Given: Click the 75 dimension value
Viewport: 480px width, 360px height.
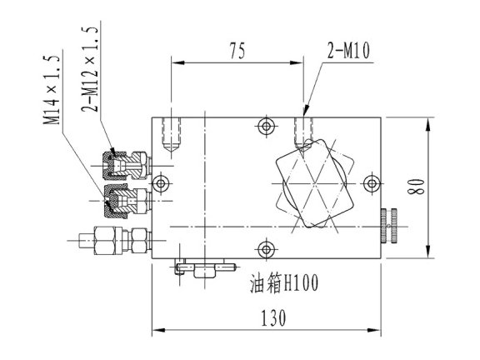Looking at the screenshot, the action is [237, 51].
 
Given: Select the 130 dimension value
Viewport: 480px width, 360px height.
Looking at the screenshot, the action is [273, 317].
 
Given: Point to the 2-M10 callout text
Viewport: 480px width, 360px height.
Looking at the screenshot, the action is [348, 51].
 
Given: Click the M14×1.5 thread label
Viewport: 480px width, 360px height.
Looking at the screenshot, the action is [51, 90].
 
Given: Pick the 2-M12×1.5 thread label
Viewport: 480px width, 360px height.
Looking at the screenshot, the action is [90, 69].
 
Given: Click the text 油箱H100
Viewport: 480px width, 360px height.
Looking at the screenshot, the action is [284, 283].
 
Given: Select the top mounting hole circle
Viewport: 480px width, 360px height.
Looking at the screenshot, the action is [266, 126].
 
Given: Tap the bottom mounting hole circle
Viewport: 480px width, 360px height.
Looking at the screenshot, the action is [266, 249].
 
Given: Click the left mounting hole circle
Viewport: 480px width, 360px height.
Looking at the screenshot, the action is [161, 184].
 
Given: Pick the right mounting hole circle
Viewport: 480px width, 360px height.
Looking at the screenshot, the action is [372, 183].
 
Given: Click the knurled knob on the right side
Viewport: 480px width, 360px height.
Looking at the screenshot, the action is [389, 226].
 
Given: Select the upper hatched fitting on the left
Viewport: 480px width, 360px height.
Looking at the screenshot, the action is [127, 166].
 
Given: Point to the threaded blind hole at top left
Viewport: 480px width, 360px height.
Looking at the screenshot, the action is [172, 135].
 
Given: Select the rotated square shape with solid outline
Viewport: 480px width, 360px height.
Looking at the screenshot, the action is [314, 183].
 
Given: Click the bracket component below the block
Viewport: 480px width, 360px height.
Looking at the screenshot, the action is [204, 267].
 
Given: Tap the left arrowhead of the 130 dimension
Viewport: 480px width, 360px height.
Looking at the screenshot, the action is [159, 330].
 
